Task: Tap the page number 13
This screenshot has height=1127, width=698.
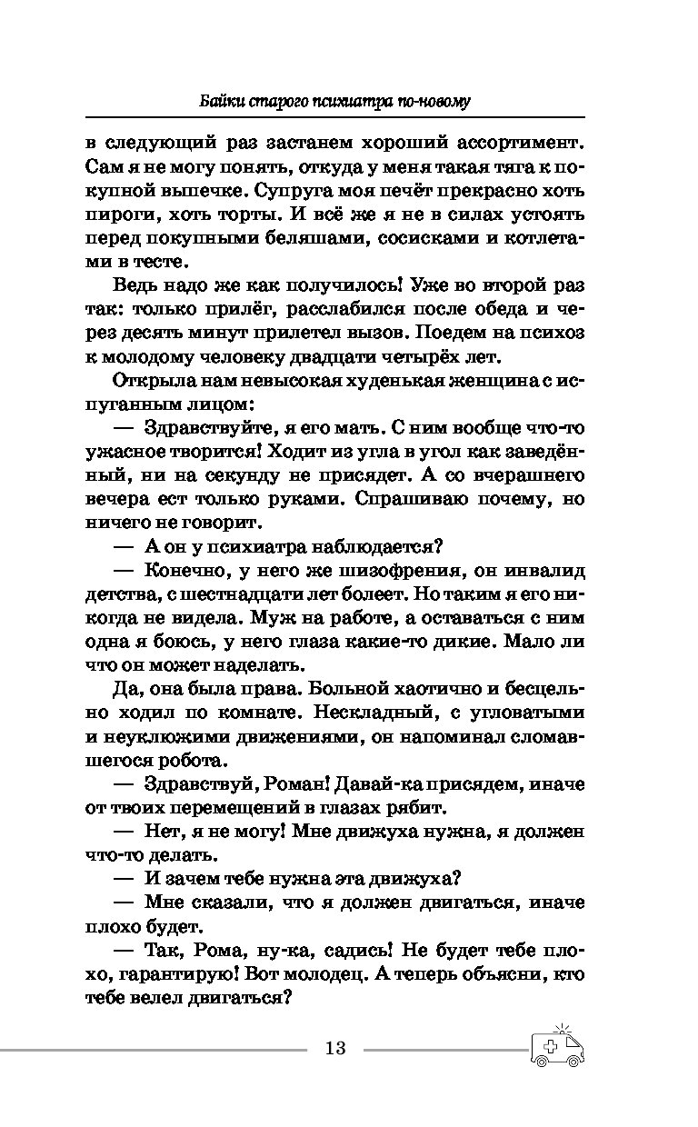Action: click(334, 1048)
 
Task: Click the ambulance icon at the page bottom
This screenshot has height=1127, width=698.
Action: click(556, 1047)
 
